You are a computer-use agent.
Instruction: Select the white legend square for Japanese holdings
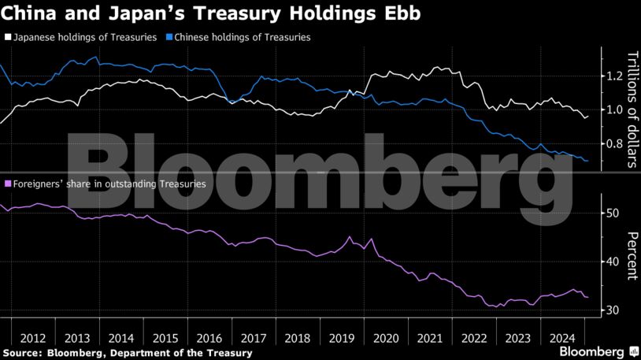8,37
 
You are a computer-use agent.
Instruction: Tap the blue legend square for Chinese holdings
169,37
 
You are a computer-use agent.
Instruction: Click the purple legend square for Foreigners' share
8,184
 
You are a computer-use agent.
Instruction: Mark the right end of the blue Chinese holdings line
587,161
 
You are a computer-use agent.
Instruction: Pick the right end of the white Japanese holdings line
587,116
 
